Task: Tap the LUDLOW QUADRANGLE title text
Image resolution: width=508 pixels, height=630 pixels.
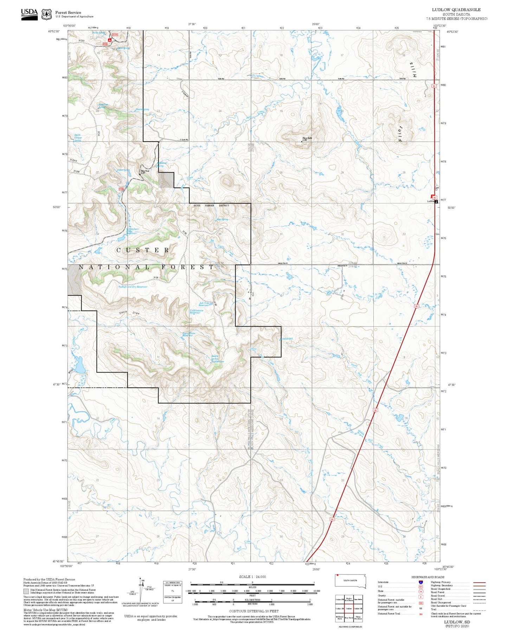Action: (456, 9)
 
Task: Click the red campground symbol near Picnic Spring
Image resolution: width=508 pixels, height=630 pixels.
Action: (110, 40)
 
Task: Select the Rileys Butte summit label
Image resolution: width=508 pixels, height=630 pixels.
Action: (307, 139)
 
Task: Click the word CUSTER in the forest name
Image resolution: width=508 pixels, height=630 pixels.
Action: (143, 250)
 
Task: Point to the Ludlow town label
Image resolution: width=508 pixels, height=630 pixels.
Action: (430, 201)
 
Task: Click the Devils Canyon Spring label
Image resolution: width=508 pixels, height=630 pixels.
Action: (78, 138)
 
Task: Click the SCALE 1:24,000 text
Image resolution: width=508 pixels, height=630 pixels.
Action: (252, 577)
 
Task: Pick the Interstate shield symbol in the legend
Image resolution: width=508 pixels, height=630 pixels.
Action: (420, 582)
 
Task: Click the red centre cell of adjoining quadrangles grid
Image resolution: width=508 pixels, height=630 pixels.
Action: (349, 609)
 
